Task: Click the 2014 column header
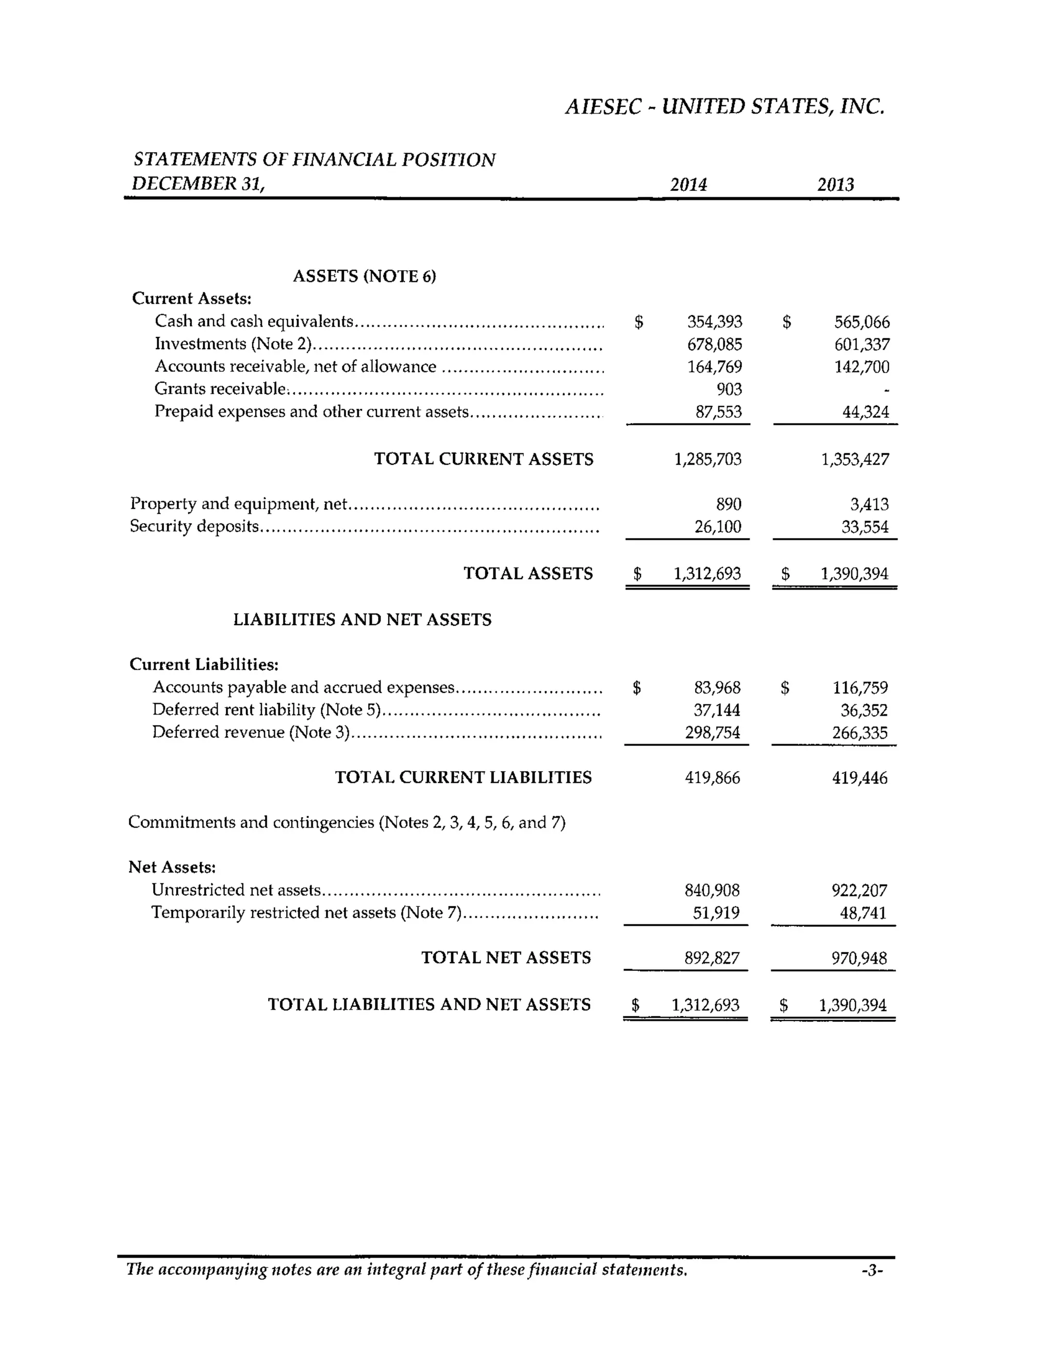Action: point(688,185)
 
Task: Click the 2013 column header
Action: point(835,185)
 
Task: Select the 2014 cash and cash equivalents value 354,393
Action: point(715,322)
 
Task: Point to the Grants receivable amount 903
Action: point(729,389)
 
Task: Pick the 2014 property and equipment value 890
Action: point(728,504)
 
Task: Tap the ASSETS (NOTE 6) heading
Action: point(364,276)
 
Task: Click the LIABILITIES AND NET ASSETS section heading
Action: point(362,620)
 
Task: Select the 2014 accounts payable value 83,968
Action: point(717,688)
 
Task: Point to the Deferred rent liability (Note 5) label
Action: point(267,710)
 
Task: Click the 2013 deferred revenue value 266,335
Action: point(860,733)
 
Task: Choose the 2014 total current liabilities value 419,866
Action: point(712,778)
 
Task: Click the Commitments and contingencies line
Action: point(346,822)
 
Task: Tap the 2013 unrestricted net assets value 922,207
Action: point(859,890)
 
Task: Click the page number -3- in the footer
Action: point(871,1270)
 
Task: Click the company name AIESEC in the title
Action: point(603,107)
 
